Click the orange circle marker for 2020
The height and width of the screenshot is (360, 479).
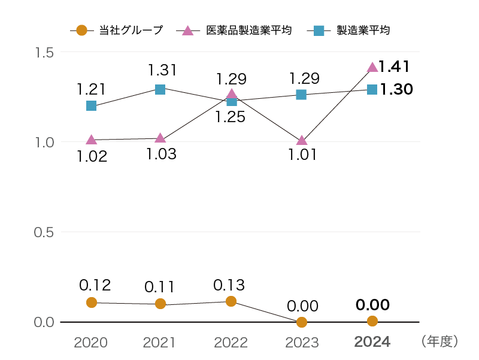(91, 302)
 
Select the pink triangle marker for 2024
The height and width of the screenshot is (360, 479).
(372, 67)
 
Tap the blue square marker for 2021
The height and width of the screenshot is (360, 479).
(160, 89)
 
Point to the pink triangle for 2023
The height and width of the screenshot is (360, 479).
(302, 140)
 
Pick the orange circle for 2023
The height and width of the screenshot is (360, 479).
(302, 322)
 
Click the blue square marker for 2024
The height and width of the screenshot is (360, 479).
(372, 89)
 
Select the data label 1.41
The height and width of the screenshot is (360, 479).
(394, 66)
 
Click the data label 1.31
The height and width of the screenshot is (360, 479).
(162, 70)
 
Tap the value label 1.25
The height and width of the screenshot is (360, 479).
(230, 117)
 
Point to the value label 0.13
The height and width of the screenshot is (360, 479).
(229, 285)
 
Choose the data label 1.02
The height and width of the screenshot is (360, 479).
(92, 157)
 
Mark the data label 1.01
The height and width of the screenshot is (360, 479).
(301, 156)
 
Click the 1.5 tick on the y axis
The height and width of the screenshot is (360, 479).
(45, 52)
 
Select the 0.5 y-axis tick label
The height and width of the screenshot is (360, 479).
(45, 232)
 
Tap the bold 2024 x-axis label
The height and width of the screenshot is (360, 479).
(372, 342)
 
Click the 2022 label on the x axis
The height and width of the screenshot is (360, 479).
(231, 342)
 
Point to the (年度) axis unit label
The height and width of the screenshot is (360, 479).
(440, 341)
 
